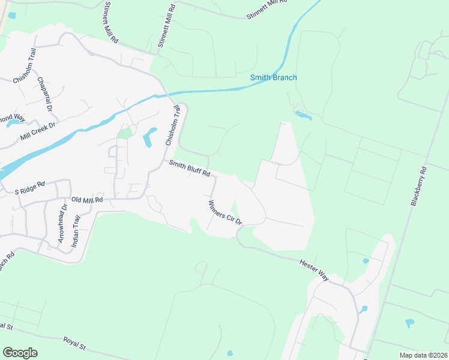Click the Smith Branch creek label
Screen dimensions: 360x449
pos(274,78)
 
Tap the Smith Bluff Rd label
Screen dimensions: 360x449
pos(189,168)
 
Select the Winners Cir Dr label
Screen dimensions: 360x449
pos(224,212)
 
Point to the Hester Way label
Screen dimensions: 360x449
pos(315,268)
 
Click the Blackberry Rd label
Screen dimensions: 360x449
pos(418,186)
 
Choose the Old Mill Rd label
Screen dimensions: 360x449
pos(87,199)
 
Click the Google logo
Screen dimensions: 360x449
pos(20,352)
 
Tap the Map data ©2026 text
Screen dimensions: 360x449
pos(423,355)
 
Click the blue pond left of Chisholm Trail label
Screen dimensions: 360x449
pos(148,138)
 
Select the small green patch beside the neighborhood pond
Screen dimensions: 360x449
pos(124,133)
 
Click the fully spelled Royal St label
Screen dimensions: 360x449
pos(76,343)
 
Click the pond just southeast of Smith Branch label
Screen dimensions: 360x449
pos(303,115)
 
